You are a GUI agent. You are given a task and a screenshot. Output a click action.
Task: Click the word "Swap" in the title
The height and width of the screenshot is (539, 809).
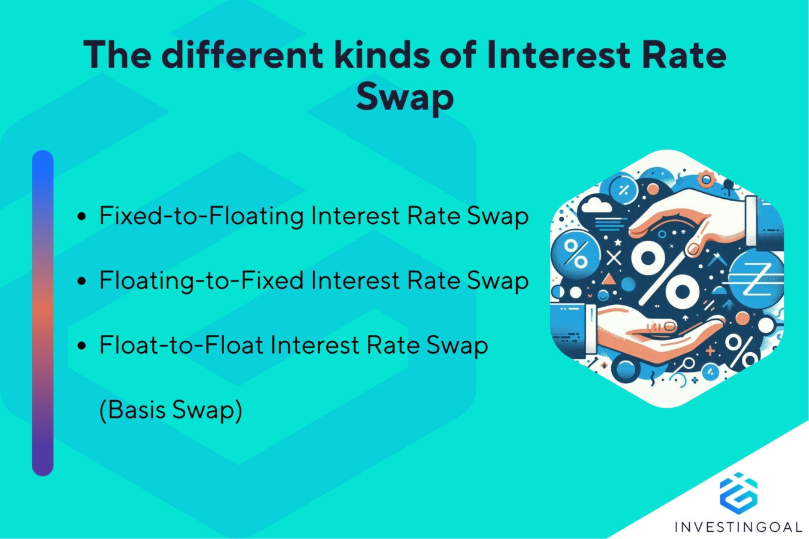404,97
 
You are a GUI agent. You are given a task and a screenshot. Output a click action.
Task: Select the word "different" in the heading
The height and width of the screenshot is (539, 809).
242,54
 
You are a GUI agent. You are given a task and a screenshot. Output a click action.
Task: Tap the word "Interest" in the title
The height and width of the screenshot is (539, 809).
558,54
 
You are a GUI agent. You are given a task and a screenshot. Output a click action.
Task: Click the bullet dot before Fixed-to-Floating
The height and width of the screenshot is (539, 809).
83,216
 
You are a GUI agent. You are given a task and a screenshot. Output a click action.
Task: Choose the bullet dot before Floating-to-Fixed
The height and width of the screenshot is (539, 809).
83,281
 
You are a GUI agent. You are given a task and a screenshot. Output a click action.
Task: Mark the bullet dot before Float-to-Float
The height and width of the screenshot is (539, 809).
83,346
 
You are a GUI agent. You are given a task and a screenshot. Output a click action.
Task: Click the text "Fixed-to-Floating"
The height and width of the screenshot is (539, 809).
201,216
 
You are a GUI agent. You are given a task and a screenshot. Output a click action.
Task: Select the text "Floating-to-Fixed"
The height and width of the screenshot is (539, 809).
201,280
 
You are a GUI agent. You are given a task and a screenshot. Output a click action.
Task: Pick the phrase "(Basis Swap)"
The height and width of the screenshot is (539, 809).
171,410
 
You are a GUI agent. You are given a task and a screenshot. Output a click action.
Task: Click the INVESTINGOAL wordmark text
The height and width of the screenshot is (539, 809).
738,527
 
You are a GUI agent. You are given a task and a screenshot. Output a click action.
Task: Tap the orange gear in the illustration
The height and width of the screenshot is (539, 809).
707,178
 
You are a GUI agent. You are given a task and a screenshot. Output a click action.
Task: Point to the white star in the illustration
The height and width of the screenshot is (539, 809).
617,243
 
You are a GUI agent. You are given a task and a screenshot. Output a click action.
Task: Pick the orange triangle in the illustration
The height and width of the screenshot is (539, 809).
608,278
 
